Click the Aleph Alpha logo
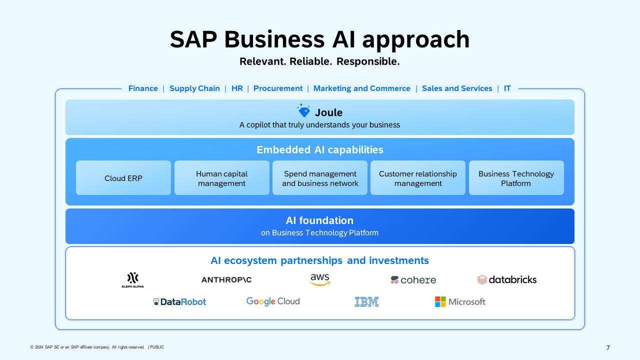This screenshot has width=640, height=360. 132,280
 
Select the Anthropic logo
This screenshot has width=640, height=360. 226,280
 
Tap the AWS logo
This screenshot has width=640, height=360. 320,280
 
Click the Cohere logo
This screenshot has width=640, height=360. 413,280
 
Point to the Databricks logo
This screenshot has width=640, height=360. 507,280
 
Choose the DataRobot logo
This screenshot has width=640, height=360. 179,302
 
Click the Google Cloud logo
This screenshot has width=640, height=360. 273,301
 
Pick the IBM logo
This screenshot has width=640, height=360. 366,302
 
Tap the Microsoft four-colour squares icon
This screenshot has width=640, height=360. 440,301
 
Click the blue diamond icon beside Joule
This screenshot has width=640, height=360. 303,111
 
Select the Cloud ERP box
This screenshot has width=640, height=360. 123,178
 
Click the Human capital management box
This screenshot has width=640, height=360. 221,178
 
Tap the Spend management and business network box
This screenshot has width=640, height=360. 320,178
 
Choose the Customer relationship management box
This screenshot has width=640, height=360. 418,178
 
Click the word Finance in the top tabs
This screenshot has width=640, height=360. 143,88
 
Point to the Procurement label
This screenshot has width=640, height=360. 278,88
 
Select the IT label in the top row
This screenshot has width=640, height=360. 507,88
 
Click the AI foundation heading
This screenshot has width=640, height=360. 319,220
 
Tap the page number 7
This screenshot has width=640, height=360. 608,348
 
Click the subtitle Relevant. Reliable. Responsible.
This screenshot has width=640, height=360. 319,61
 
